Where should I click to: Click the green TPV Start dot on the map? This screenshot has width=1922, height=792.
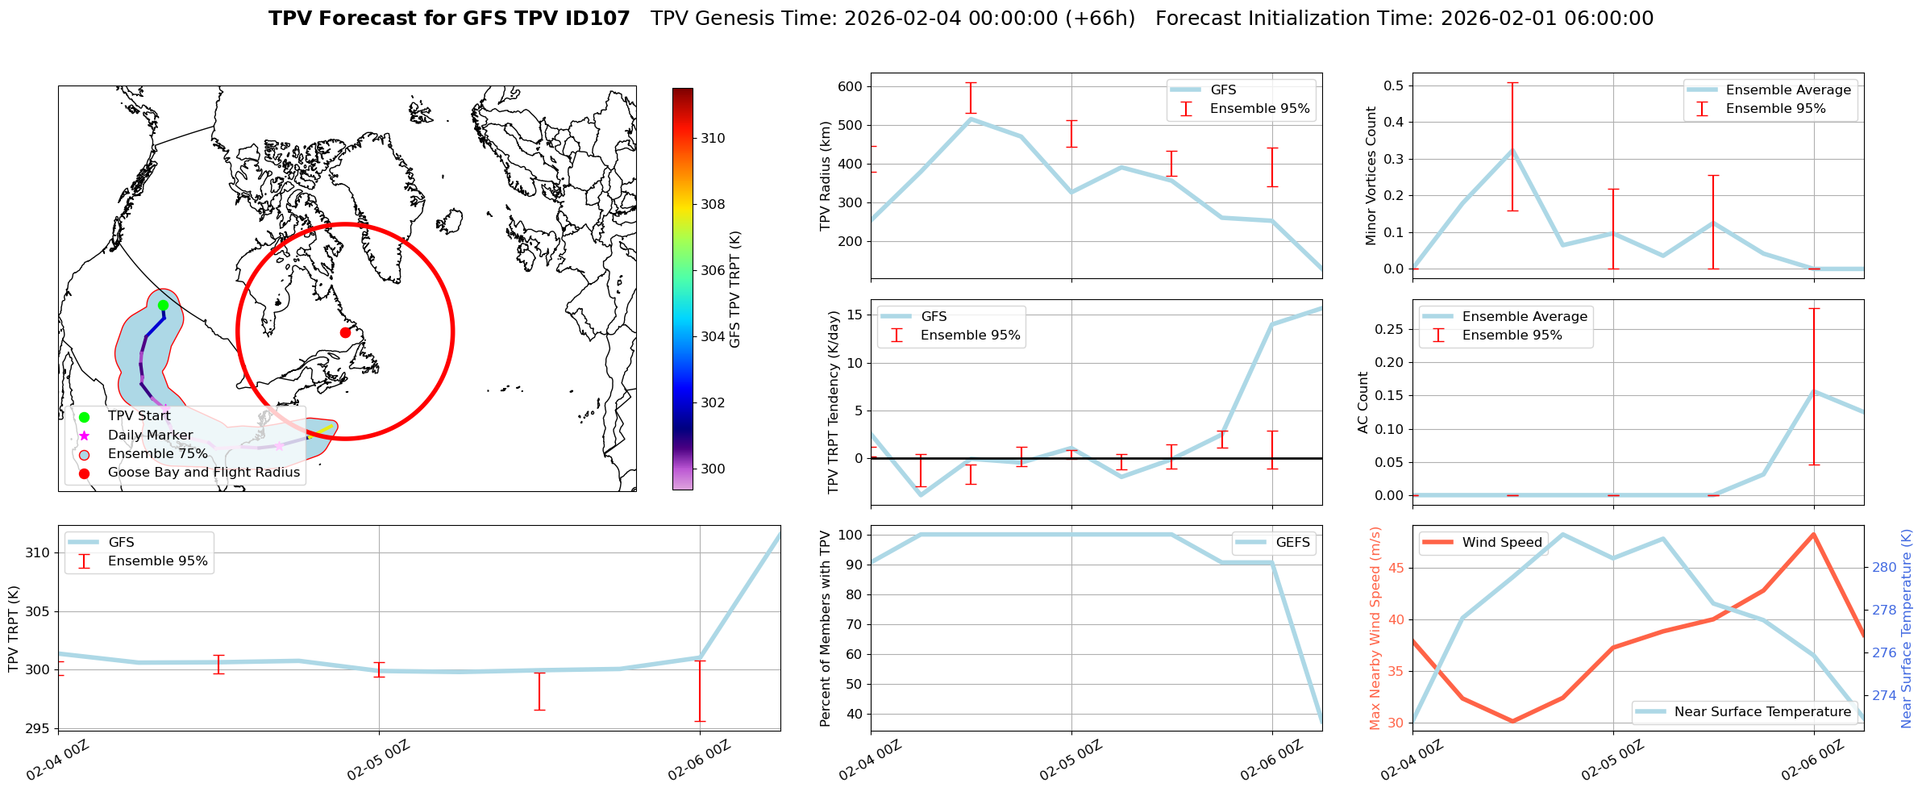point(163,305)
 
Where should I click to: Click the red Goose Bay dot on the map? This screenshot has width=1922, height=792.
point(345,332)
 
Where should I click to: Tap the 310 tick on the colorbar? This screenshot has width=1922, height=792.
point(713,138)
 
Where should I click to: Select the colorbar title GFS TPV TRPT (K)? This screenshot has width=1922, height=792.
point(734,289)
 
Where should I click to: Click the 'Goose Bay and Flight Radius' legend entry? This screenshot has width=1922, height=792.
point(203,473)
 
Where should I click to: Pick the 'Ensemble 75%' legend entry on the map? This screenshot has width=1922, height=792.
point(157,454)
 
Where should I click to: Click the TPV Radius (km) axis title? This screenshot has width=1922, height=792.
point(825,176)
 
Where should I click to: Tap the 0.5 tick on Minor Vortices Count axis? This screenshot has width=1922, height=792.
point(1393,85)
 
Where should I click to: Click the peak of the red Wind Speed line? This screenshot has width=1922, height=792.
point(1814,534)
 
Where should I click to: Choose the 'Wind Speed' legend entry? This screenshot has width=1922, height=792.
point(1502,543)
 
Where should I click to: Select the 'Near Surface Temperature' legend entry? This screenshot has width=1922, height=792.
point(1762,712)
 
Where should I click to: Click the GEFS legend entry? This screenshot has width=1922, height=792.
point(1292,543)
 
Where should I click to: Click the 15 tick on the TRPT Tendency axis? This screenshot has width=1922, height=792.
point(855,315)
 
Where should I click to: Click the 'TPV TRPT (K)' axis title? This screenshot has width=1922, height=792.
point(14,629)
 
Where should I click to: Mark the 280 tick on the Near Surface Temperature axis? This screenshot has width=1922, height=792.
point(1884,567)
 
